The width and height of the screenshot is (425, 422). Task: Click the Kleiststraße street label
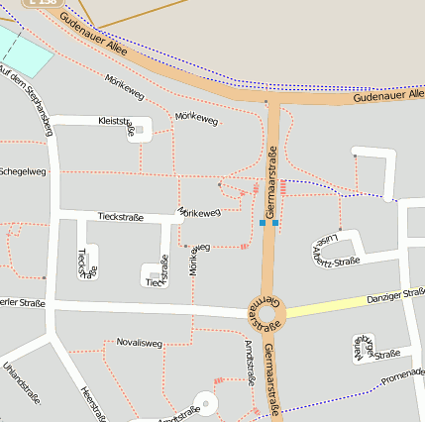[x=116, y=121]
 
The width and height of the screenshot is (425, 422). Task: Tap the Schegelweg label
[x=22, y=172]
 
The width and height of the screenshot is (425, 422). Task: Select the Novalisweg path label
[x=139, y=343]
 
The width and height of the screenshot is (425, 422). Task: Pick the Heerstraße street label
[x=95, y=402]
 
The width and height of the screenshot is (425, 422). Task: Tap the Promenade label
[x=402, y=374]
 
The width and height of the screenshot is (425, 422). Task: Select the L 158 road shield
[x=43, y=3]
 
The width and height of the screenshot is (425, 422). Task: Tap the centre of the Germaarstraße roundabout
[x=266, y=314]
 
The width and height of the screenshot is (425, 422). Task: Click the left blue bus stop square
[x=263, y=223]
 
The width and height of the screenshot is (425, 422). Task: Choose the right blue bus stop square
[x=275, y=223]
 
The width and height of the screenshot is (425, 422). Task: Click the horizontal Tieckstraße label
[x=121, y=217]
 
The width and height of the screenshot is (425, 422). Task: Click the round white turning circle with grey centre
[x=205, y=403]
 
